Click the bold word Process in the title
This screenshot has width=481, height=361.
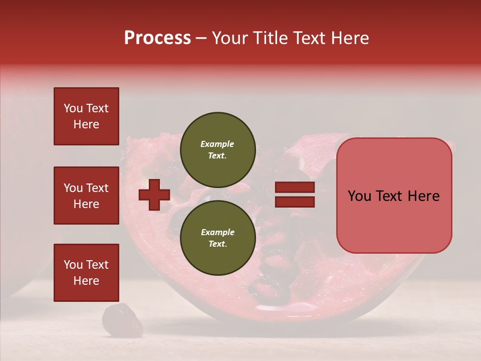click(157, 38)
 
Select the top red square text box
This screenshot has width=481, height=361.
click(86, 116)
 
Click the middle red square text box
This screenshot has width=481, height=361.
click(86, 196)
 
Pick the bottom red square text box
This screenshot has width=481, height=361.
click(86, 273)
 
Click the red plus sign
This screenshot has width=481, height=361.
click(154, 195)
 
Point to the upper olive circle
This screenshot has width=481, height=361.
click(217, 150)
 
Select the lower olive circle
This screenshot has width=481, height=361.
click(217, 238)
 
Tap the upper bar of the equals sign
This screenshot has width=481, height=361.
click(295, 188)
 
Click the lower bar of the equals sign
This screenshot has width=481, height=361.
click(295, 202)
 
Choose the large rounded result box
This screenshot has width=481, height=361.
click(394, 196)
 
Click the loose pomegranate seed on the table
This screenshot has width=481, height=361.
click(115, 319)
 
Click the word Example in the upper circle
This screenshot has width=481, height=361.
click(217, 144)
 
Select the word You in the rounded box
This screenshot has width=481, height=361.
click(360, 196)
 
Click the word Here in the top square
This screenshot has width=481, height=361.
click(86, 124)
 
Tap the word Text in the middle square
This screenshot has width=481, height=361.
click(97, 188)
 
